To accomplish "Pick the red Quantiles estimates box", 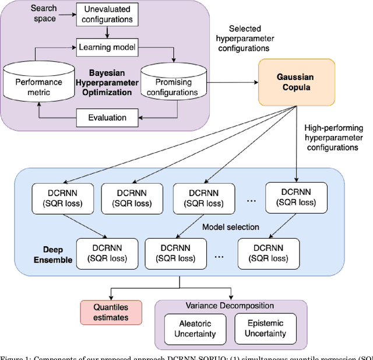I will pos(111,312).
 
